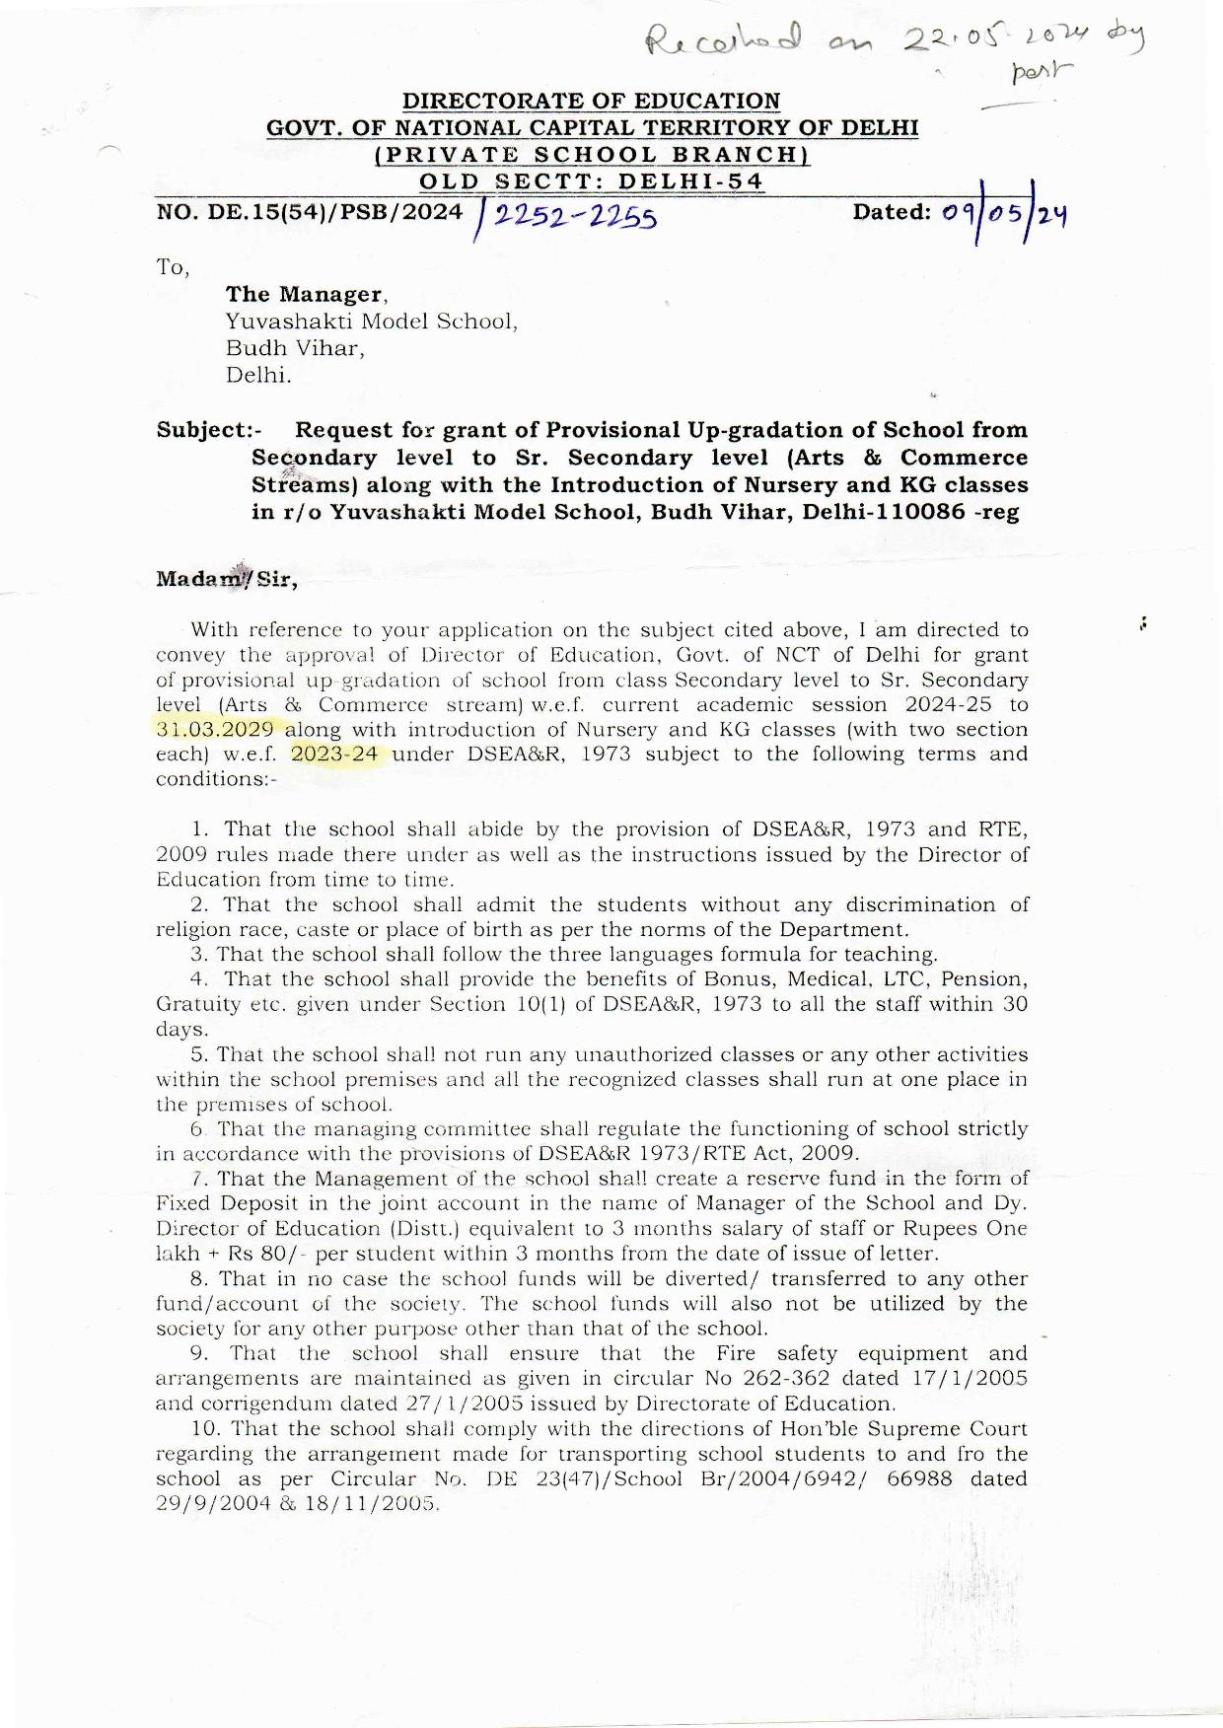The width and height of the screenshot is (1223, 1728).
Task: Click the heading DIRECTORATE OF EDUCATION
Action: tap(591, 101)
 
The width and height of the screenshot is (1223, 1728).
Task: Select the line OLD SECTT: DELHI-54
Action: tap(591, 182)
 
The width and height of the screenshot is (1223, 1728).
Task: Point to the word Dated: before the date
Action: tap(892, 212)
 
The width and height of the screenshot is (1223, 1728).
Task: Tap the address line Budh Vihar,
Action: tap(295, 348)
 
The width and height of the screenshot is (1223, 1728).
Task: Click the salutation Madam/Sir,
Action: tap(227, 578)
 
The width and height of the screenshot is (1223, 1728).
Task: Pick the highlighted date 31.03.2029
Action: tap(215, 730)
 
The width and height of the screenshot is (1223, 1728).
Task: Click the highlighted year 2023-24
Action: tap(335, 755)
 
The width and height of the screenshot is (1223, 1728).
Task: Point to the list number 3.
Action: tap(200, 954)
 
